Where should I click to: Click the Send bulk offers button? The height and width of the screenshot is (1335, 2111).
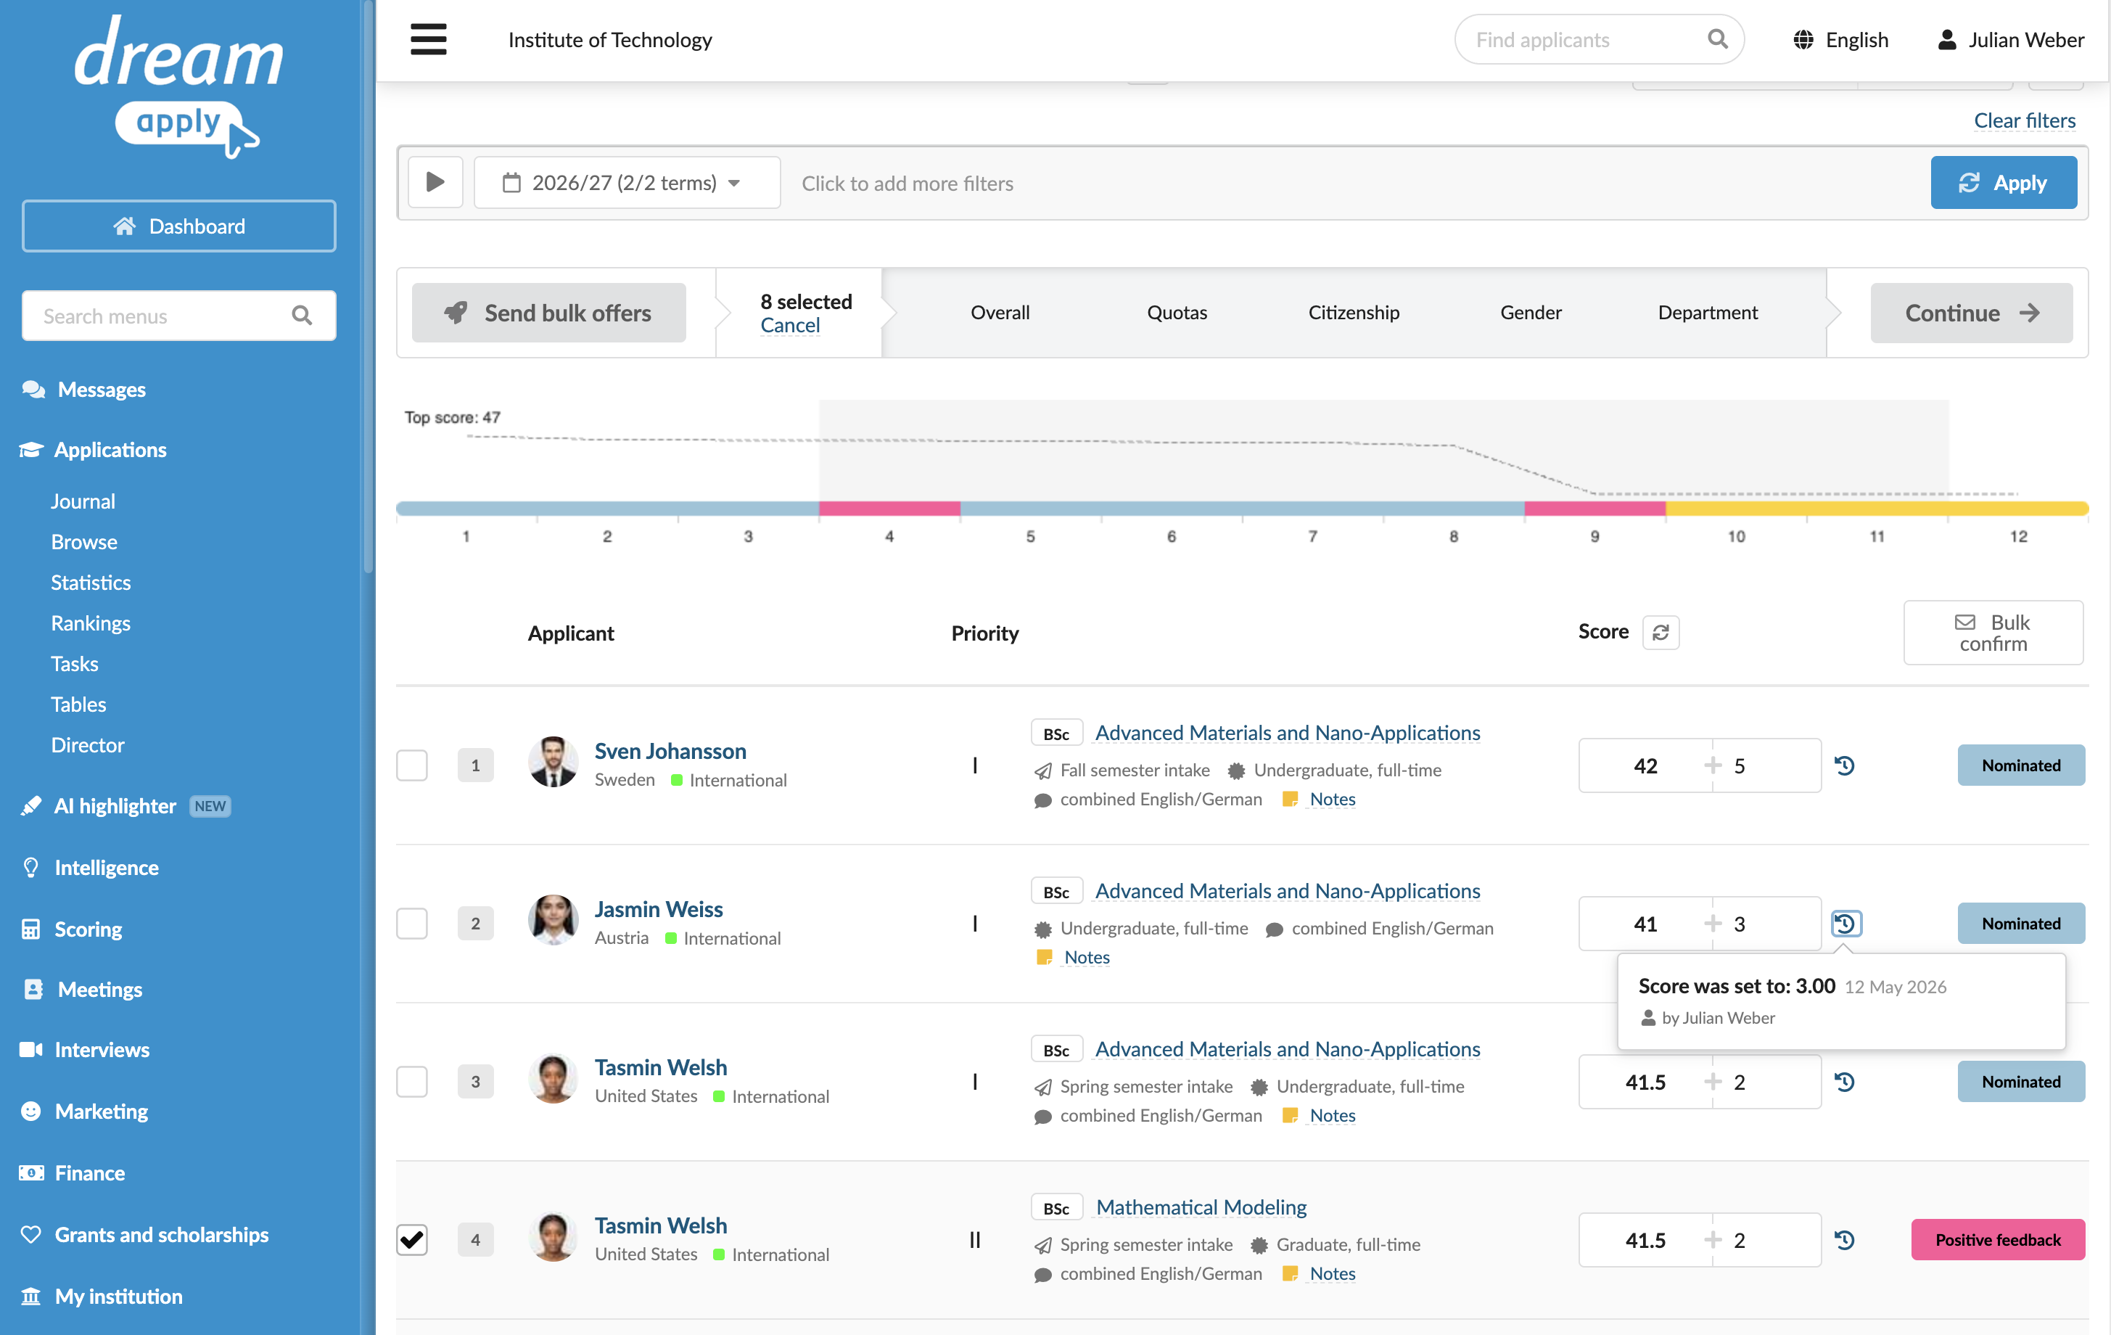pyautogui.click(x=549, y=313)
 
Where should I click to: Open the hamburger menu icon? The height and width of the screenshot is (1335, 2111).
pyautogui.click(x=429, y=39)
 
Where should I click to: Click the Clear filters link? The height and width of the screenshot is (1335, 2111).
pyautogui.click(x=2024, y=120)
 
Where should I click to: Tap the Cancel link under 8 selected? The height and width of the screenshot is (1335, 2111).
pyautogui.click(x=790, y=325)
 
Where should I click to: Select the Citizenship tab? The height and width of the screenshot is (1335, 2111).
pyautogui.click(x=1354, y=312)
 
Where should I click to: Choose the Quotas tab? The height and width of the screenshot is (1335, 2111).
pyautogui.click(x=1177, y=312)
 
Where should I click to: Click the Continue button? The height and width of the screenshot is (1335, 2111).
pyautogui.click(x=1971, y=313)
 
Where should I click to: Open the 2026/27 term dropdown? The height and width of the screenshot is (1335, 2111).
pyautogui.click(x=627, y=182)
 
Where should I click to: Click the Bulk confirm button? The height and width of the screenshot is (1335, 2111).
pyautogui.click(x=1993, y=632)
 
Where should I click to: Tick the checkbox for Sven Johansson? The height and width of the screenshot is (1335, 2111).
pyautogui.click(x=412, y=765)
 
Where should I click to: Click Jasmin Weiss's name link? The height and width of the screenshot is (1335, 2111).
pyautogui.click(x=659, y=909)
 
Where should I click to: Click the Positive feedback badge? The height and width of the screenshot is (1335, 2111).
pyautogui.click(x=1997, y=1239)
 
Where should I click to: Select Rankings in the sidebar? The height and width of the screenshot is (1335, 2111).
pyautogui.click(x=90, y=623)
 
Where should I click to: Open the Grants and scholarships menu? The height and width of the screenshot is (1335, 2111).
pyautogui.click(x=161, y=1234)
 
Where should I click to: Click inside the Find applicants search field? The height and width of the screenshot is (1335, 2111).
pyautogui.click(x=1587, y=39)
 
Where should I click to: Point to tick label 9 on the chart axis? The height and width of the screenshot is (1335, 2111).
pyautogui.click(x=1594, y=536)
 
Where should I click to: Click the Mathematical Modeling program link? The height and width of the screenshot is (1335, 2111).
pyautogui.click(x=1201, y=1207)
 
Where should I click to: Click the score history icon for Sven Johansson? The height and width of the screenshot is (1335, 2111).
pyautogui.click(x=1845, y=765)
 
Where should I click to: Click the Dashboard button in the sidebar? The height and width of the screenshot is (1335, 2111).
pyautogui.click(x=179, y=226)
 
